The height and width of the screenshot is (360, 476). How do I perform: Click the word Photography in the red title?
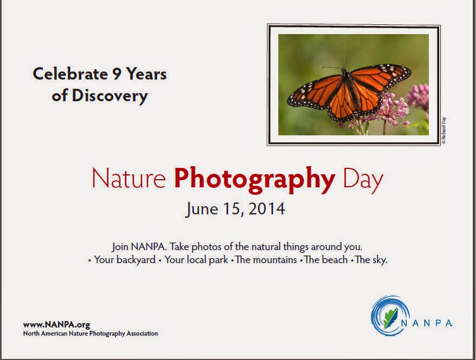[x=255, y=180]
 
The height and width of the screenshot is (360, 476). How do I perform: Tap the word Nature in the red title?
[x=129, y=179]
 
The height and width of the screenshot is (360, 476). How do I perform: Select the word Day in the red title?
[x=363, y=180]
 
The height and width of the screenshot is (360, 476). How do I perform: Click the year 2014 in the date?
[x=267, y=209]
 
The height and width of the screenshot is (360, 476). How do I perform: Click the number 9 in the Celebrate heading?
[x=116, y=74]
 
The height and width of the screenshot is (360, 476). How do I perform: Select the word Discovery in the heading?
[x=110, y=96]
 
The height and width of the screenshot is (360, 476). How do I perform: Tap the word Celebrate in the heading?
[x=70, y=74]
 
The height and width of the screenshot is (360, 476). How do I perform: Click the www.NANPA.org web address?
[x=56, y=324]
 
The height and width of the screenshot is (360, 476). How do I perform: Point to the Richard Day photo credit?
[x=444, y=130]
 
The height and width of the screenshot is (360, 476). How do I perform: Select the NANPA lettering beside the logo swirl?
[x=427, y=323]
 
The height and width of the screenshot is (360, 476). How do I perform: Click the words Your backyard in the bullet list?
[x=125, y=260]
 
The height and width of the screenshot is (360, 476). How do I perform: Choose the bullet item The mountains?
[x=266, y=260]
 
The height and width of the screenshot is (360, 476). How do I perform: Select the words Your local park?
[x=196, y=260]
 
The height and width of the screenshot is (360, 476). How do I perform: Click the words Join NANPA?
[x=139, y=246]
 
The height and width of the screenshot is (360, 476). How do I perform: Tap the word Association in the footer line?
[x=142, y=333]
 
